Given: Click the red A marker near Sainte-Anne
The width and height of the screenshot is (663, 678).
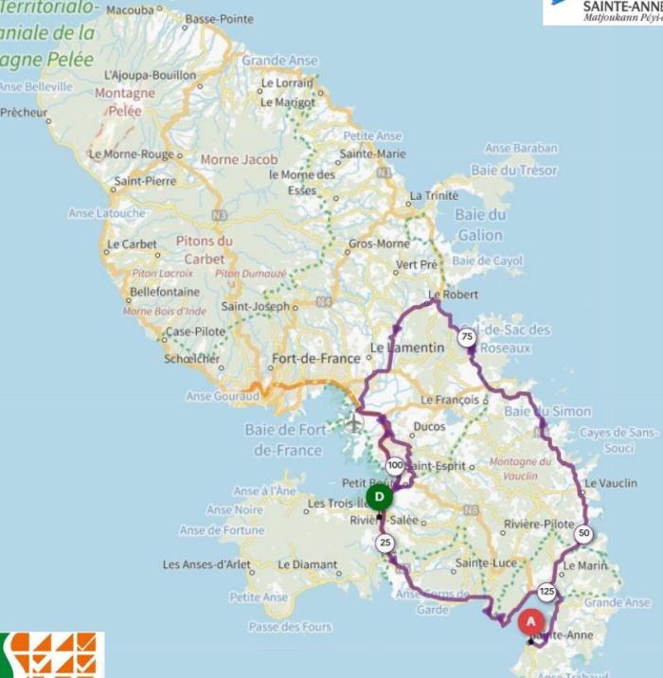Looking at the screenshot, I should click(530, 621).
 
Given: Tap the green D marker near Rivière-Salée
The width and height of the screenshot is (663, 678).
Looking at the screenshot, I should click(379, 497).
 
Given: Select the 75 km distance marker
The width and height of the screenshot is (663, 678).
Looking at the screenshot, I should click(466, 337).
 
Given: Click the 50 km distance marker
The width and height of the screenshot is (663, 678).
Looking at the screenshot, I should click(583, 533).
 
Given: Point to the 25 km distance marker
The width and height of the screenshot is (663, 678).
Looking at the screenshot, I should click(385, 543).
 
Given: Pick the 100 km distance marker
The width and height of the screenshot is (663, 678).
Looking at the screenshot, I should click(395, 465).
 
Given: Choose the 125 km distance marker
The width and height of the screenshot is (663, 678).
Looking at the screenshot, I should click(547, 592).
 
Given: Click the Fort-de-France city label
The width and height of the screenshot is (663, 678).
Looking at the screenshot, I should click(315, 359).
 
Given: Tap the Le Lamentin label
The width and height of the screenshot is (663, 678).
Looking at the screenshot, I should click(406, 348).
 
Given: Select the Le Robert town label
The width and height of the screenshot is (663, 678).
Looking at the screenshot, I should click(449, 294).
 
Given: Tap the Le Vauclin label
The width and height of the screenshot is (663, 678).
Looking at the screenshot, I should click(611, 483).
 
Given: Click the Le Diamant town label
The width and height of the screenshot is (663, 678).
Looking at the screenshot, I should click(307, 565).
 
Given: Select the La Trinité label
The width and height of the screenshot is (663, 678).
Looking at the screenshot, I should click(433, 196).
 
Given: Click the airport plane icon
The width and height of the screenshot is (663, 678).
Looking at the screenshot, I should click(354, 422).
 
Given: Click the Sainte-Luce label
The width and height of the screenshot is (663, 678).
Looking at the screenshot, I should click(485, 563).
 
